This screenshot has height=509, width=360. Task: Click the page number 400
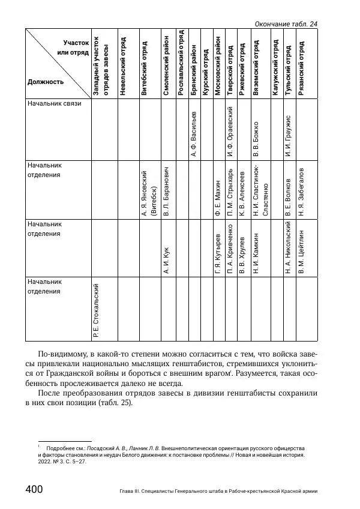33,489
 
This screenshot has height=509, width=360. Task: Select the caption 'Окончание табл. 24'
286,23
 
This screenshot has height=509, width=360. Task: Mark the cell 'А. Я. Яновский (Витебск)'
148,190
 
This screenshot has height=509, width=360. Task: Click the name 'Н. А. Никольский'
289,247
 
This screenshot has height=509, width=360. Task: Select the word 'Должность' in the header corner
45,81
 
